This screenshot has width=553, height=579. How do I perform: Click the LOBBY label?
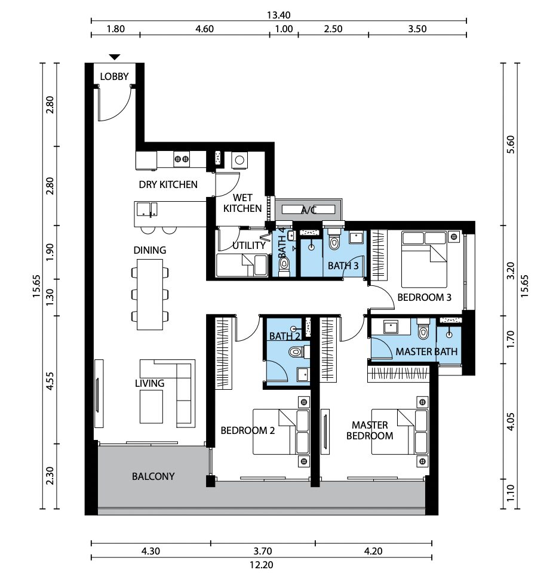point(114,76)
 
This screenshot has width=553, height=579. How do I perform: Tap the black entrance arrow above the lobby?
point(115,57)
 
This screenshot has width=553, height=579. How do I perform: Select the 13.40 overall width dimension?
point(278,15)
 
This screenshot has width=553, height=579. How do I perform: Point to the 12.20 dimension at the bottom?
point(261,565)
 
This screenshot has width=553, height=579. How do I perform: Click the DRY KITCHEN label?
point(168,184)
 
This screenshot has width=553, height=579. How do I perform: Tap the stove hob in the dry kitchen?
point(182,159)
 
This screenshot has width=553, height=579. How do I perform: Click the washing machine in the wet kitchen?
point(239,160)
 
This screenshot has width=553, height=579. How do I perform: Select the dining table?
point(150,294)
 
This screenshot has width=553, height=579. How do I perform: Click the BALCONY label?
point(153,476)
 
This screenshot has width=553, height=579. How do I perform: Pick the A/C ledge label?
point(309,210)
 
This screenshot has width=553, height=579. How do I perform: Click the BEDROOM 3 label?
point(425,297)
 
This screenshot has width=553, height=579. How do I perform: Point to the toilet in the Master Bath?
point(423,329)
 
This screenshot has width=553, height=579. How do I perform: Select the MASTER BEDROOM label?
point(370,430)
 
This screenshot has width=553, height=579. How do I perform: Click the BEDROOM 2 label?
point(247,430)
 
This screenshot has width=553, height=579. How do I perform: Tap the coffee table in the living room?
point(151,406)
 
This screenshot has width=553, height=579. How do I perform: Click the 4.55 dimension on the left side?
point(50,381)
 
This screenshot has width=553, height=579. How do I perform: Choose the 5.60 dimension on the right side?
point(510,145)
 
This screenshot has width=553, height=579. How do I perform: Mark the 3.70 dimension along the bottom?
point(263,552)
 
